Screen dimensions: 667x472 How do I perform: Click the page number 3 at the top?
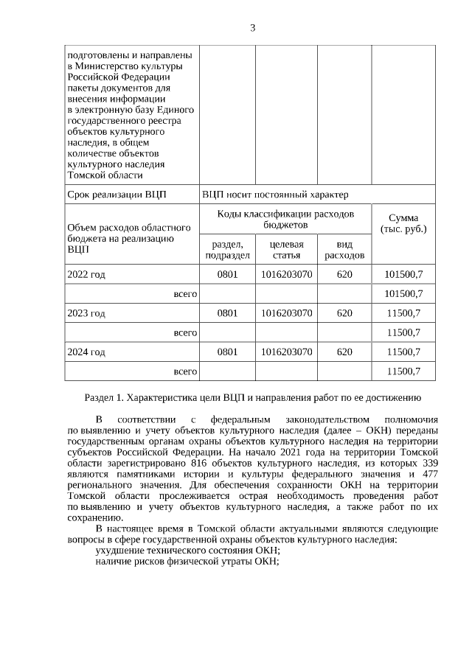click(x=253, y=28)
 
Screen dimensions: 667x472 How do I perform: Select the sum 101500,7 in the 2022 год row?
click(x=403, y=274)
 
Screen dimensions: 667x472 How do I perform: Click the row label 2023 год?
click(x=86, y=313)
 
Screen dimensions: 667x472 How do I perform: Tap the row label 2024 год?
click(x=86, y=352)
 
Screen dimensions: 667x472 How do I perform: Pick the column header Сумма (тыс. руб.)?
click(x=403, y=223)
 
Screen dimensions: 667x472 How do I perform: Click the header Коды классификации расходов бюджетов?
click(x=285, y=218)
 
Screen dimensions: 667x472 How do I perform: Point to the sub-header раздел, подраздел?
click(x=227, y=249)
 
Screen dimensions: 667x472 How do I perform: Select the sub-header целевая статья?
click(x=286, y=249)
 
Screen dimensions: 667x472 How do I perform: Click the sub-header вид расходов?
click(x=344, y=249)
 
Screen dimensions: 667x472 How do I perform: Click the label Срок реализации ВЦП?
click(x=117, y=195)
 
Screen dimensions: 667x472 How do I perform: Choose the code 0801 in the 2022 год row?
click(x=227, y=274)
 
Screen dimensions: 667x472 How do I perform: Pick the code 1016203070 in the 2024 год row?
click(x=286, y=352)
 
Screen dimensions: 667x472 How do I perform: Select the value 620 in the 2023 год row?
click(x=344, y=313)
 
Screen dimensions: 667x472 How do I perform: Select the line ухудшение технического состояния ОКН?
click(x=188, y=550)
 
